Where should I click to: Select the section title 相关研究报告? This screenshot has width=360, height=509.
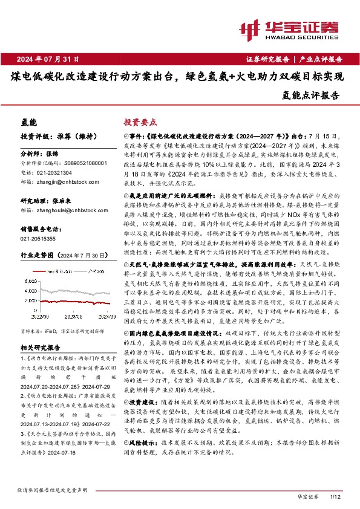pos(40,349)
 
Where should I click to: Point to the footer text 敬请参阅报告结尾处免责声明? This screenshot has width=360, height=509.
pos(53,488)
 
